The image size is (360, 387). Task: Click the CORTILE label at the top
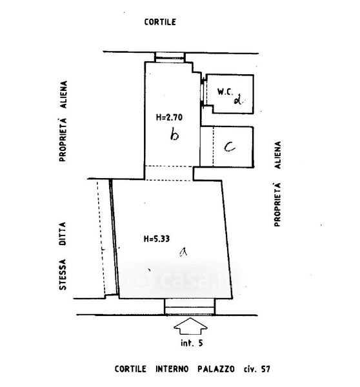point(160,22)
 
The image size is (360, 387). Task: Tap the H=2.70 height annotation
point(169,117)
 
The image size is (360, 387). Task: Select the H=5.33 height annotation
point(157,239)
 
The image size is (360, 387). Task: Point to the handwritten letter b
point(175,135)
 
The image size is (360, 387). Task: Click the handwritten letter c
point(230,147)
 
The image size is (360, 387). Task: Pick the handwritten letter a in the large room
point(183,252)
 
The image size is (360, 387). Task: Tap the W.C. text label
point(225,92)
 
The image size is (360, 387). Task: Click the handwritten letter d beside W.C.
point(238,100)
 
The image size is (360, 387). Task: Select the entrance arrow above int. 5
point(190,326)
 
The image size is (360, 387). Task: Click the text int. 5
point(192,343)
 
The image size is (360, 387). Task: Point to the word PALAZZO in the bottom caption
point(215,369)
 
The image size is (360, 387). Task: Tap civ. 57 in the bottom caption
point(257,369)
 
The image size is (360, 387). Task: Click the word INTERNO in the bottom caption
point(172,369)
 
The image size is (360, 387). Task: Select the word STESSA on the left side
point(63,275)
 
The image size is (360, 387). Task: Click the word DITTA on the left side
point(63,233)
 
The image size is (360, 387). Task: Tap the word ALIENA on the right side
point(278,155)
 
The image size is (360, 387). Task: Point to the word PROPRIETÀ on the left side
point(63,140)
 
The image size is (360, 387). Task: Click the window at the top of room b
point(170,57)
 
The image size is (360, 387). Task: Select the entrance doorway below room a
point(190,307)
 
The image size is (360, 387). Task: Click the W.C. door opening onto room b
point(202,92)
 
